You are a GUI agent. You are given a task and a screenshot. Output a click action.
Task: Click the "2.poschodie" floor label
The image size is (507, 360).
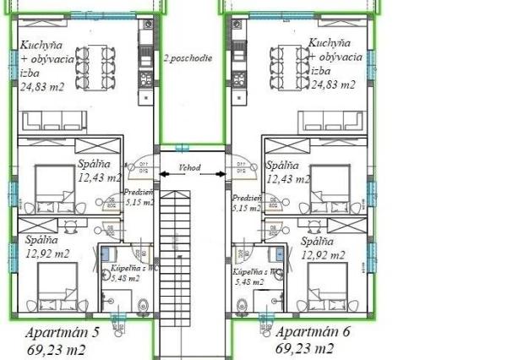pos(189,59)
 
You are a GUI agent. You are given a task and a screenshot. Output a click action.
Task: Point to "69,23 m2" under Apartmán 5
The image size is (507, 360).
pos(61,348)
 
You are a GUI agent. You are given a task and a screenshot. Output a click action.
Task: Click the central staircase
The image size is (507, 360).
pos(175,254)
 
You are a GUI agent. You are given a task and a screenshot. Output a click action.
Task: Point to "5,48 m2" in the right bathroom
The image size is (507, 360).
pos(250,283)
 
